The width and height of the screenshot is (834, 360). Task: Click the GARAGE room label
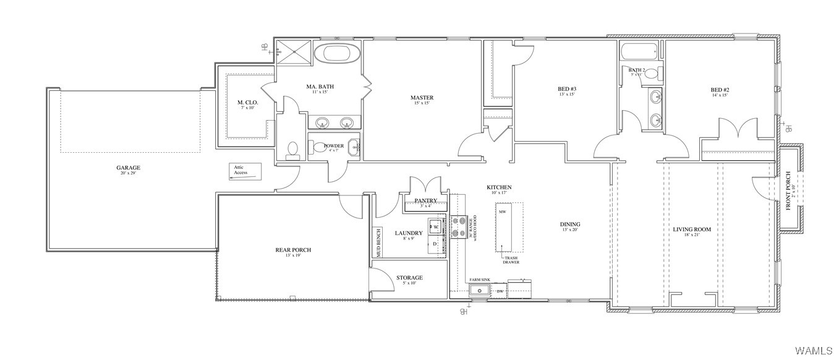129,168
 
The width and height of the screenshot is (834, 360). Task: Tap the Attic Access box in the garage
246,171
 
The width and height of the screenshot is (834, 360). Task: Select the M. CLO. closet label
247,102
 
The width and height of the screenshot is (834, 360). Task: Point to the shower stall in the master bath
294,51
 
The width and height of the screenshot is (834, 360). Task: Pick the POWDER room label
334,146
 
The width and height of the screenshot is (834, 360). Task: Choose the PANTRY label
426,200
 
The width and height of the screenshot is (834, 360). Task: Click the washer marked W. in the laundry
435,226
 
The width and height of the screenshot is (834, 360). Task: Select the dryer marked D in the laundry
435,244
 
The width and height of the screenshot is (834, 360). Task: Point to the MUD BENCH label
378,242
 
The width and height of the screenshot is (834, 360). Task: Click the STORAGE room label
409,278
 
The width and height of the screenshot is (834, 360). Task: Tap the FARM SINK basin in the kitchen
479,290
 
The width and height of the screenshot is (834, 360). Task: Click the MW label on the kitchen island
503,212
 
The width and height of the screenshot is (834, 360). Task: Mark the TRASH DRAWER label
511,260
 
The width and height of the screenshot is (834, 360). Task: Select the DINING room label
570,225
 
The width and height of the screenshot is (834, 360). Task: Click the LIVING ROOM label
692,229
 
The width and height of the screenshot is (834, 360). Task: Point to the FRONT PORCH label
788,190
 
